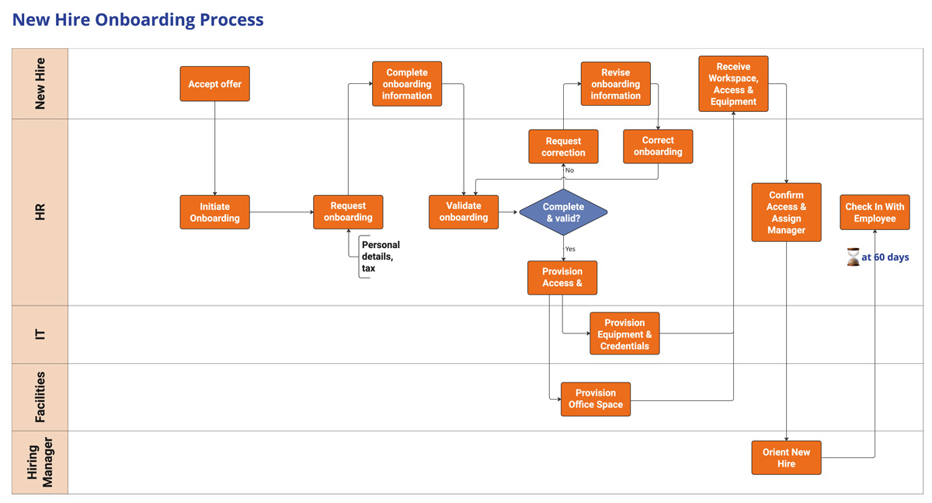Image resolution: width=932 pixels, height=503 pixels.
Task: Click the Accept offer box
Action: (215, 84)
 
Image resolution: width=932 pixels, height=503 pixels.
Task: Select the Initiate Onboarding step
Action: (215, 212)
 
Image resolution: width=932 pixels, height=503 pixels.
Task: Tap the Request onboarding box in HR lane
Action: (348, 212)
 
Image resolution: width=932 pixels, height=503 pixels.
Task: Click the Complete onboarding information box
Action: (407, 84)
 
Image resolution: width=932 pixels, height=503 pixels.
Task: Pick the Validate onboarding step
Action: (464, 211)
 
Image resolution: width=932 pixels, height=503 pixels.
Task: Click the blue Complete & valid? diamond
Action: (563, 212)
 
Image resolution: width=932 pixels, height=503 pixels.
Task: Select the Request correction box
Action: (563, 147)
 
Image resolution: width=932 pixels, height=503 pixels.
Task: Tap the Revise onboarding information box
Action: (615, 84)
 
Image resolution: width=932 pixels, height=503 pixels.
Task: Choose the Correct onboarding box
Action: (658, 146)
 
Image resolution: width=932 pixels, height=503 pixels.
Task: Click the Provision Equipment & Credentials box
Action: (624, 334)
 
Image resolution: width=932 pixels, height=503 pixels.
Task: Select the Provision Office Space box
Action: (596, 399)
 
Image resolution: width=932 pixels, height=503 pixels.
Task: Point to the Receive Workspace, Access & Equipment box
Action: (733, 84)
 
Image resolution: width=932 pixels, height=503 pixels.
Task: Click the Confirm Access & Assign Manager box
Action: (786, 212)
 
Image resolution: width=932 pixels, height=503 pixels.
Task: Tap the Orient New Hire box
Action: (786, 458)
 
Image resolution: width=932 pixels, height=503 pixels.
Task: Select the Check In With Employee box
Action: (875, 212)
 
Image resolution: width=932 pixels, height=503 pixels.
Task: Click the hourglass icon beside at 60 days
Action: (853, 257)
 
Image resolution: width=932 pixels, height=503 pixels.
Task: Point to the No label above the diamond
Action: (569, 170)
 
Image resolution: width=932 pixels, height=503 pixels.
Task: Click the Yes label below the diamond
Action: (570, 249)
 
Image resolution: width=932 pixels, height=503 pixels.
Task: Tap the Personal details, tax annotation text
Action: (380, 257)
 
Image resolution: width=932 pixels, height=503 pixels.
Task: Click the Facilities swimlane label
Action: (40, 396)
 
